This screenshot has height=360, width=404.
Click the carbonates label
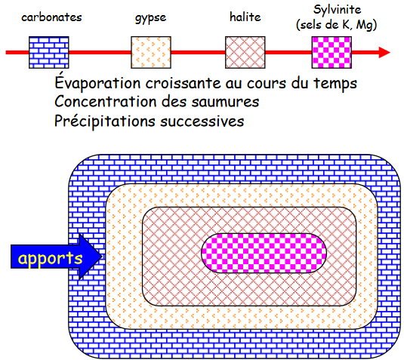[51, 17]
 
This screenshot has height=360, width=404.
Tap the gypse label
[151, 18]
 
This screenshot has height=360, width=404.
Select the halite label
[245, 17]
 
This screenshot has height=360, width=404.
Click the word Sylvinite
[337, 10]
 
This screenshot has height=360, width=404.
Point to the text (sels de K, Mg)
[337, 25]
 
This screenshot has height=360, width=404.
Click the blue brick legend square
[49, 53]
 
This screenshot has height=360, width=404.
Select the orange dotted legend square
[151, 53]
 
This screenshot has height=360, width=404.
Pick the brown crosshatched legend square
[245, 53]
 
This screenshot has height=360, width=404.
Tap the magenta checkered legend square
[332, 53]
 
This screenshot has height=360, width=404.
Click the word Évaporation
[97, 83]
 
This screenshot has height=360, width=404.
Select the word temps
[335, 84]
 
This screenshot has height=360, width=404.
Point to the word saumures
[225, 102]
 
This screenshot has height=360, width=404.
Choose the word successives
[202, 121]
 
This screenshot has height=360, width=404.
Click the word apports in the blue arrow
[50, 259]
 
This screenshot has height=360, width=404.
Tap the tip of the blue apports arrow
[102, 257]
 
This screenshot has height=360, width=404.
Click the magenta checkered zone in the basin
[264, 253]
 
